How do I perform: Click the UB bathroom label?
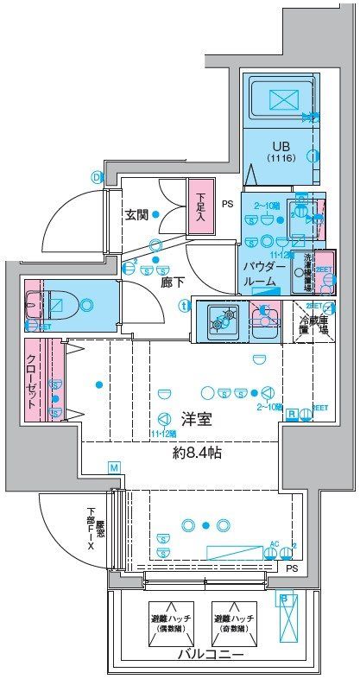(x=281, y=148)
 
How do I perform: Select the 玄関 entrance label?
(x=138, y=215)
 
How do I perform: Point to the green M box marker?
(x=114, y=467)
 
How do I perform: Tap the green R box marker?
(x=292, y=414)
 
